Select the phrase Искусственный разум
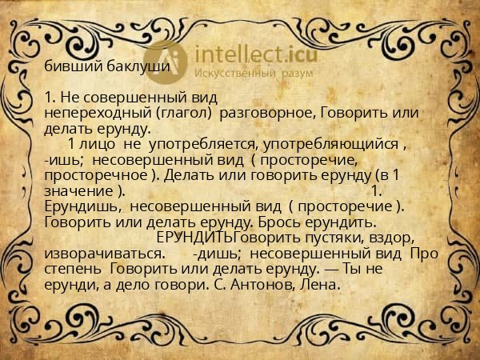tap(254, 74)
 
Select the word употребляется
tap(211, 145)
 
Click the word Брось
tap(292, 222)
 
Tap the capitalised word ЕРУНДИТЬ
tap(195, 238)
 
